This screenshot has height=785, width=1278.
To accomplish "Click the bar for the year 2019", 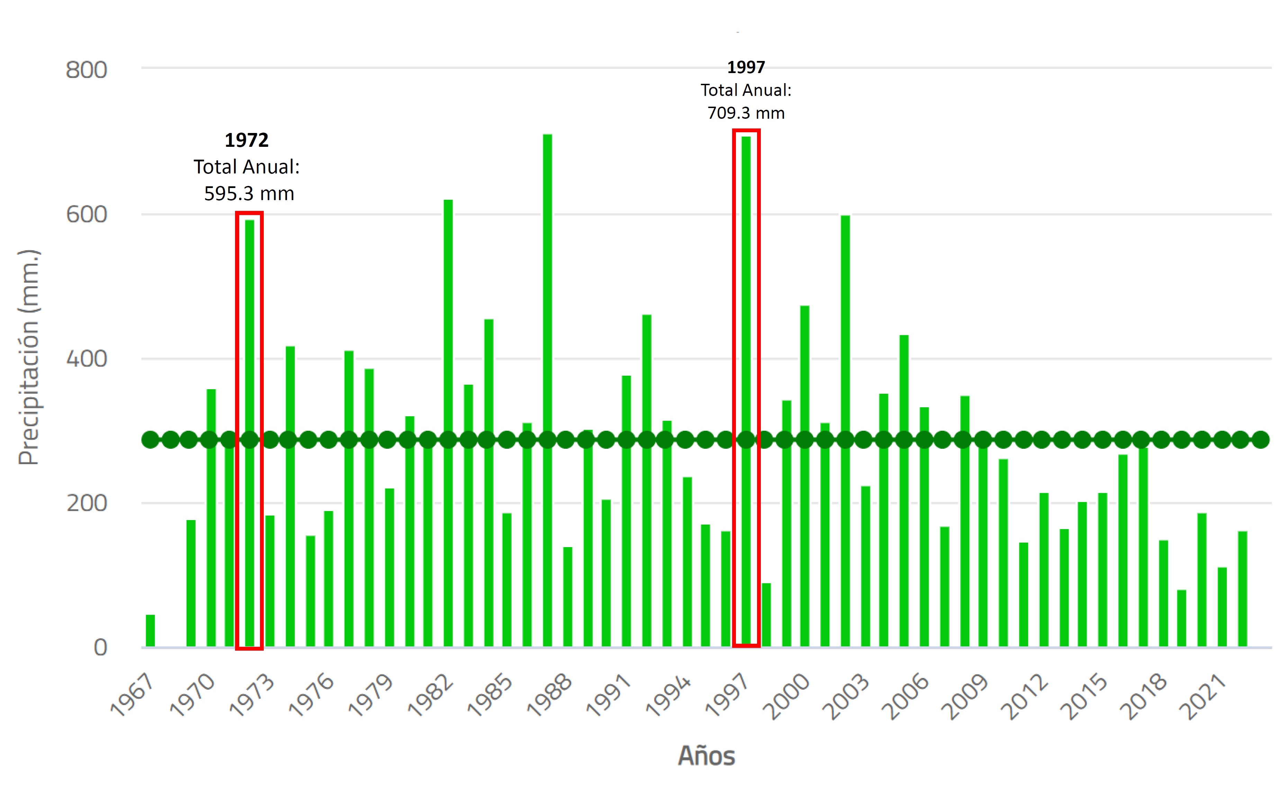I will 1181,618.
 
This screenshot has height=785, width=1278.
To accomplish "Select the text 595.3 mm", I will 249,194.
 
